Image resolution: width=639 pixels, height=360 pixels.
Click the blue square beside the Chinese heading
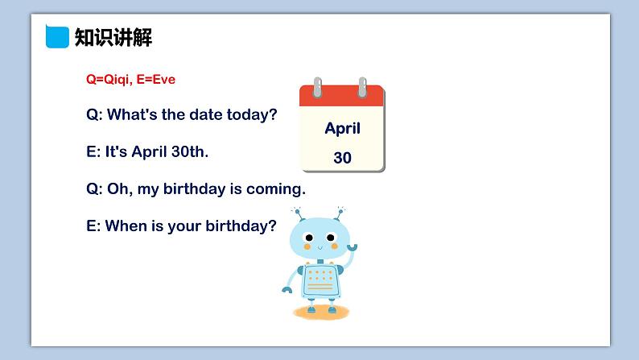click(x=57, y=37)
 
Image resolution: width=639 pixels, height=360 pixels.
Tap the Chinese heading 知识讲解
click(x=113, y=38)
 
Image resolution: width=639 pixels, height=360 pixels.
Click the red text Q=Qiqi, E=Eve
click(x=131, y=79)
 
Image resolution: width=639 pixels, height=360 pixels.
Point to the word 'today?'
click(x=252, y=115)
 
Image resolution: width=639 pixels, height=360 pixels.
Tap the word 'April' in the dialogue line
click(x=149, y=152)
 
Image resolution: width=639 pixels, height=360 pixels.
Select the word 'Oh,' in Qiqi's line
click(x=120, y=188)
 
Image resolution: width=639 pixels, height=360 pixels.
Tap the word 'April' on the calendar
click(x=342, y=129)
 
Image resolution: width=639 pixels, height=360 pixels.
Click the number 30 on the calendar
click(x=342, y=158)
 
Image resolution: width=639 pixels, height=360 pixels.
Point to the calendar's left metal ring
click(x=317, y=87)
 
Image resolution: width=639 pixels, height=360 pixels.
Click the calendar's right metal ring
click(x=362, y=87)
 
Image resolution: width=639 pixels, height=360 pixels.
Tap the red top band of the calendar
click(x=342, y=97)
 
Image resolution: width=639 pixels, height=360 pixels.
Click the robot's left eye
click(x=309, y=238)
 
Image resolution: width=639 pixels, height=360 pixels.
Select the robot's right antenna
click(x=340, y=213)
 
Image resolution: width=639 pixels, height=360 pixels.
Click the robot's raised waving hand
click(x=352, y=247)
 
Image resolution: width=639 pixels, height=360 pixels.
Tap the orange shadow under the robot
click(x=321, y=312)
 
